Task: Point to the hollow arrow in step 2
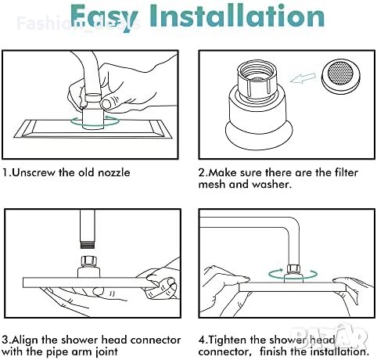pyautogui.click(x=303, y=77)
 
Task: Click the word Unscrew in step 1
pyautogui.click(x=34, y=173)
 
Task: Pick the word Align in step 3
pyautogui.click(x=24, y=340)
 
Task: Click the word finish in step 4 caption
pyautogui.click(x=273, y=352)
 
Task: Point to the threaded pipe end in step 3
pyautogui.click(x=88, y=245)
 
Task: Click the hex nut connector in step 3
pyautogui.click(x=89, y=261)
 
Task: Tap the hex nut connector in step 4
pyautogui.click(x=293, y=268)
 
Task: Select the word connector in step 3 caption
pyautogui.click(x=156, y=340)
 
